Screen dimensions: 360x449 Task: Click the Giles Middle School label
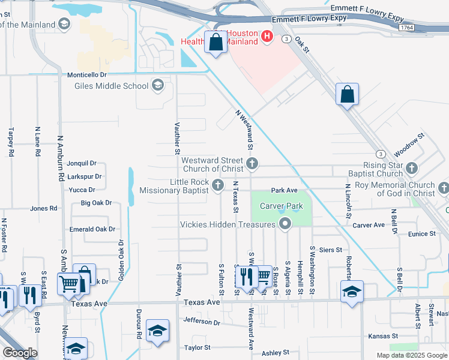coord(111,86)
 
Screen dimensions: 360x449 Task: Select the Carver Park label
coord(282,206)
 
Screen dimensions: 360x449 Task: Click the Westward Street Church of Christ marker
coord(253,163)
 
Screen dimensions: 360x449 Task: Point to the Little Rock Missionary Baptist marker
coord(218,185)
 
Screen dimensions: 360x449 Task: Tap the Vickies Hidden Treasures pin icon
coord(285,224)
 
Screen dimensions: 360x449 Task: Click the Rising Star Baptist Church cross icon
coord(411,168)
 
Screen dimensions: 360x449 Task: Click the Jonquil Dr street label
coord(82,163)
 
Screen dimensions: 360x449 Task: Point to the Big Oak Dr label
coord(96,203)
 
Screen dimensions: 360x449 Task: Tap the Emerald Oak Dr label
coord(92,229)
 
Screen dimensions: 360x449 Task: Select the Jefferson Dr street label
coord(202,322)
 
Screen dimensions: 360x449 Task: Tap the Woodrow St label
coord(409,145)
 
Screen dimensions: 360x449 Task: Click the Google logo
coord(20,353)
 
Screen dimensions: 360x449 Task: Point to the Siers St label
coord(331,250)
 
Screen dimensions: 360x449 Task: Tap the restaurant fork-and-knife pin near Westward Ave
coord(246,277)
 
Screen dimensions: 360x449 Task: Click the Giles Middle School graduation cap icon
coord(158,85)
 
